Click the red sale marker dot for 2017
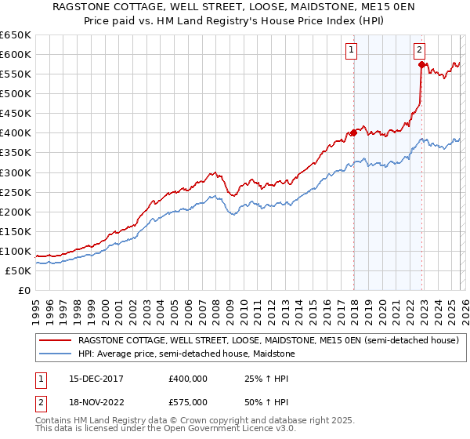coord(353,132)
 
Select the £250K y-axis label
coord(16,192)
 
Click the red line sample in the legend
coord(55,341)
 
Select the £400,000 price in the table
coord(188,378)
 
